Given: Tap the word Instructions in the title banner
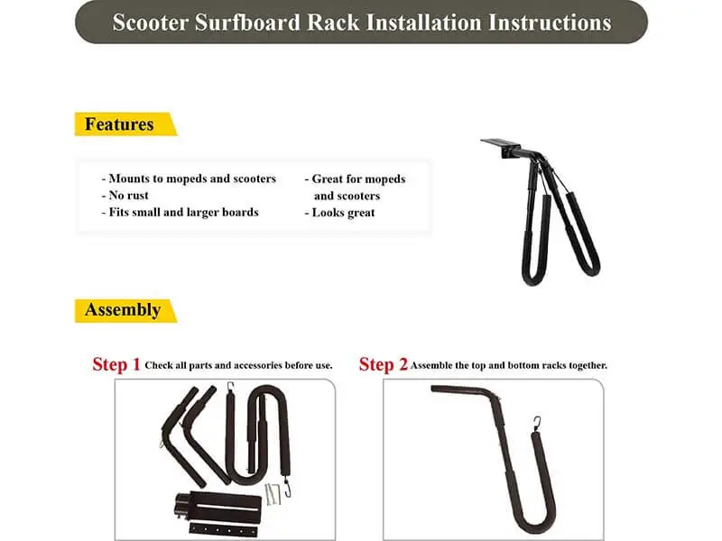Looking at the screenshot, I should point(550,23).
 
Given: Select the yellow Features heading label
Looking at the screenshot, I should point(119,124).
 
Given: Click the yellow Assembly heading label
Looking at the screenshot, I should point(122,310).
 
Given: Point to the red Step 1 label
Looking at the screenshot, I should point(116,365).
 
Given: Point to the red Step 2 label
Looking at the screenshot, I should point(383,365).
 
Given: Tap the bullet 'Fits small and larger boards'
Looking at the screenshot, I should point(180,213).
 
